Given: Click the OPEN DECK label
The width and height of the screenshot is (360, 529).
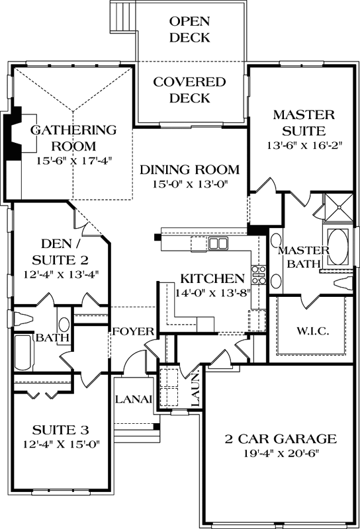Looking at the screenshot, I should (x=189, y=29).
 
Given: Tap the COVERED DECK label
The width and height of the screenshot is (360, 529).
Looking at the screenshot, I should (x=189, y=91).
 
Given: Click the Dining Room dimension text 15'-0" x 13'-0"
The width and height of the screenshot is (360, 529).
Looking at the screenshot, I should (x=189, y=185).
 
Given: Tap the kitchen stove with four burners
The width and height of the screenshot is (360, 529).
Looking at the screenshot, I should (x=257, y=277).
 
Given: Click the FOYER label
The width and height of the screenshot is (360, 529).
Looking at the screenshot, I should (x=132, y=331).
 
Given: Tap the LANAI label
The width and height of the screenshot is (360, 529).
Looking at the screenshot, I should (x=134, y=399).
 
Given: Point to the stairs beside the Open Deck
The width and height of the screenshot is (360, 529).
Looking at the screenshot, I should (x=122, y=15).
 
